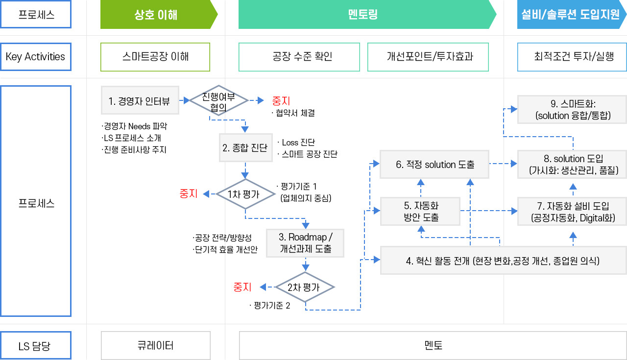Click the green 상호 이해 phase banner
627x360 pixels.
[156, 15]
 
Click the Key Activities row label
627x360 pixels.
[36, 57]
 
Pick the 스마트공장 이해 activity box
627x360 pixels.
[155, 57]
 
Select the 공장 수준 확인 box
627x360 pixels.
[299, 57]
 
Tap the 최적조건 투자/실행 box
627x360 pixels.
[572, 57]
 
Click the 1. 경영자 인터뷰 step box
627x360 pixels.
[140, 101]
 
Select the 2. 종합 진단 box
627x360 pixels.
[245, 148]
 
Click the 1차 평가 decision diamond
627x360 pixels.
[244, 194]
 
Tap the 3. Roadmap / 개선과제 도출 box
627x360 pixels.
[305, 243]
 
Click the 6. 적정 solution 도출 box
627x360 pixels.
[435, 165]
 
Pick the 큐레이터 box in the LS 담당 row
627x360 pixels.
[155, 346]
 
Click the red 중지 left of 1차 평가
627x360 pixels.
[189, 194]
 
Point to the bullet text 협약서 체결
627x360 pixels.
[294, 113]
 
